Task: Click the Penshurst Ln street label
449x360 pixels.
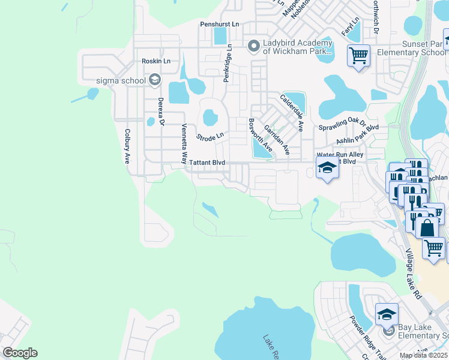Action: click(220, 24)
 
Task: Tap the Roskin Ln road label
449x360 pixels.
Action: click(156, 61)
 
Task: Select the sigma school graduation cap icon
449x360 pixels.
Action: click(154, 80)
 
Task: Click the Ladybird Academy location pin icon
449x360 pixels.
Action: click(253, 46)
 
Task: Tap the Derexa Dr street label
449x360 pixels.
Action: click(160, 112)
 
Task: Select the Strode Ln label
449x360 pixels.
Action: click(210, 137)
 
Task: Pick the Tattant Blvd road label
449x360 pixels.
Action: click(206, 163)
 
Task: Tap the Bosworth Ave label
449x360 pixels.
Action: click(261, 134)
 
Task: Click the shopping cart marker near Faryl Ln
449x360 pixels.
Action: click(358, 55)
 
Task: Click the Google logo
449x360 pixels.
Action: click(20, 353)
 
